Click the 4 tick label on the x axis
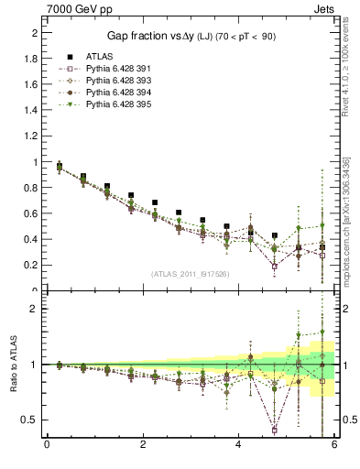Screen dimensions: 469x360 pyautogui.click(x=239, y=447)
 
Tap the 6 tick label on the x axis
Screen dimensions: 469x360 pyautogui.click(x=335, y=447)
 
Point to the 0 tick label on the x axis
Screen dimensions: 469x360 pyautogui.click(x=47, y=447)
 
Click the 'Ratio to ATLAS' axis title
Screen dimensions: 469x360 pyautogui.click(x=12, y=365)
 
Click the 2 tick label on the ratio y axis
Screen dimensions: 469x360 pyautogui.click(x=35, y=309)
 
